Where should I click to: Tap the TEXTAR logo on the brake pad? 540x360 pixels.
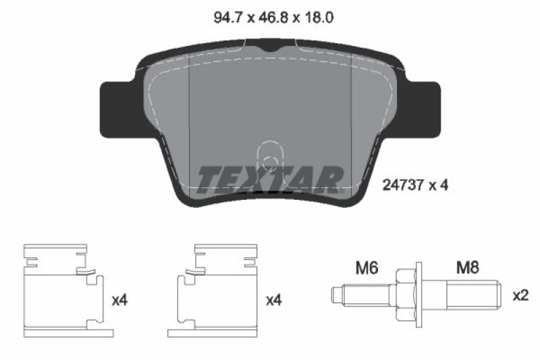point(270,178)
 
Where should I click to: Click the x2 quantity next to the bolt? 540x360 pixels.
point(520,295)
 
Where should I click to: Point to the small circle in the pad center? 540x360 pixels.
point(269,161)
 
